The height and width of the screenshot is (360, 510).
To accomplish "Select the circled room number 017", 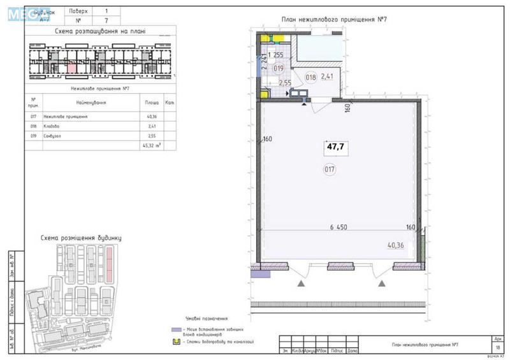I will pyautogui.click(x=330, y=169).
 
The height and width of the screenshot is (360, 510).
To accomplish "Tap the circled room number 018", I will pyautogui.click(x=310, y=78).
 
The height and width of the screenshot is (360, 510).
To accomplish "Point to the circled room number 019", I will pyautogui.click(x=278, y=68).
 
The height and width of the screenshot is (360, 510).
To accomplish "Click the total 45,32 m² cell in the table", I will pyautogui.click(x=152, y=145).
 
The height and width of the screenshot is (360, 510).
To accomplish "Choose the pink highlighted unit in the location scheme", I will pyautogui.click(x=72, y=66).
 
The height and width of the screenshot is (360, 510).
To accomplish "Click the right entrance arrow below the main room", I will pyautogui.click(x=382, y=282).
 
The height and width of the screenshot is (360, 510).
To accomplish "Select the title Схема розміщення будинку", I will pyautogui.click(x=80, y=238).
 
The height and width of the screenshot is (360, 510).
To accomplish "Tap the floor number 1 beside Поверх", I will pyautogui.click(x=106, y=11).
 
